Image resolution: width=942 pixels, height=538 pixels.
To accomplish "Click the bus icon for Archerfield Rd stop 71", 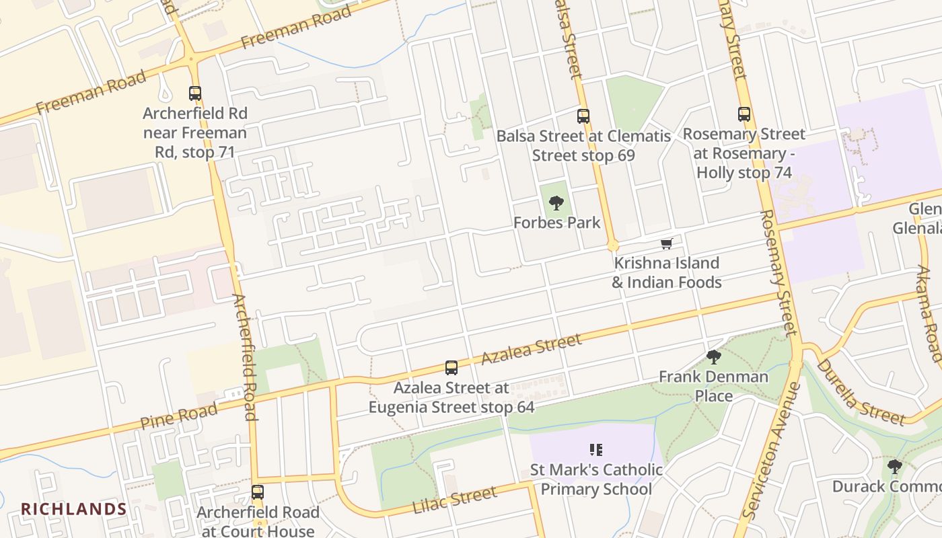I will (195, 93).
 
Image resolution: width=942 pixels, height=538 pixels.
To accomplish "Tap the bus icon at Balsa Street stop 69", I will (583, 116).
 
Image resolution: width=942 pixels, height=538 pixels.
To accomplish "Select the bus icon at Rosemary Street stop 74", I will (744, 114).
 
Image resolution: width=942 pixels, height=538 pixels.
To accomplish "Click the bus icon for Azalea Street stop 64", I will (451, 368).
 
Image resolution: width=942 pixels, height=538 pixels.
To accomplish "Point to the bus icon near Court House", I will (258, 492).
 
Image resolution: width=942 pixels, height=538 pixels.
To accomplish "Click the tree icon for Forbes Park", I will (556, 202).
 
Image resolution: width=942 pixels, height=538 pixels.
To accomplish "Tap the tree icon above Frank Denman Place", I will (714, 357).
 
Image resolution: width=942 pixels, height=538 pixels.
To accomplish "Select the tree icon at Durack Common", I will (894, 466).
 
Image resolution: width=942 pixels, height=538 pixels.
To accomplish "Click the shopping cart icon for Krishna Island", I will (666, 243).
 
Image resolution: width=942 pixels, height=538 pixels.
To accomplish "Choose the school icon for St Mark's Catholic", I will (595, 449).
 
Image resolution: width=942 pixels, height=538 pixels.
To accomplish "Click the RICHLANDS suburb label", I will (73, 509).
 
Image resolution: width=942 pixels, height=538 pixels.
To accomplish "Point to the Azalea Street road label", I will (532, 350).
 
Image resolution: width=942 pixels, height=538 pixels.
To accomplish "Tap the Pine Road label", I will (179, 416).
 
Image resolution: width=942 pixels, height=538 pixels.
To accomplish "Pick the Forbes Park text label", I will (556, 223).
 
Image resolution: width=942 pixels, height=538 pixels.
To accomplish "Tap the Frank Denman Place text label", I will (713, 386).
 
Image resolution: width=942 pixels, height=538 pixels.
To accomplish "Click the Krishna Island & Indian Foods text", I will (666, 272).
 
